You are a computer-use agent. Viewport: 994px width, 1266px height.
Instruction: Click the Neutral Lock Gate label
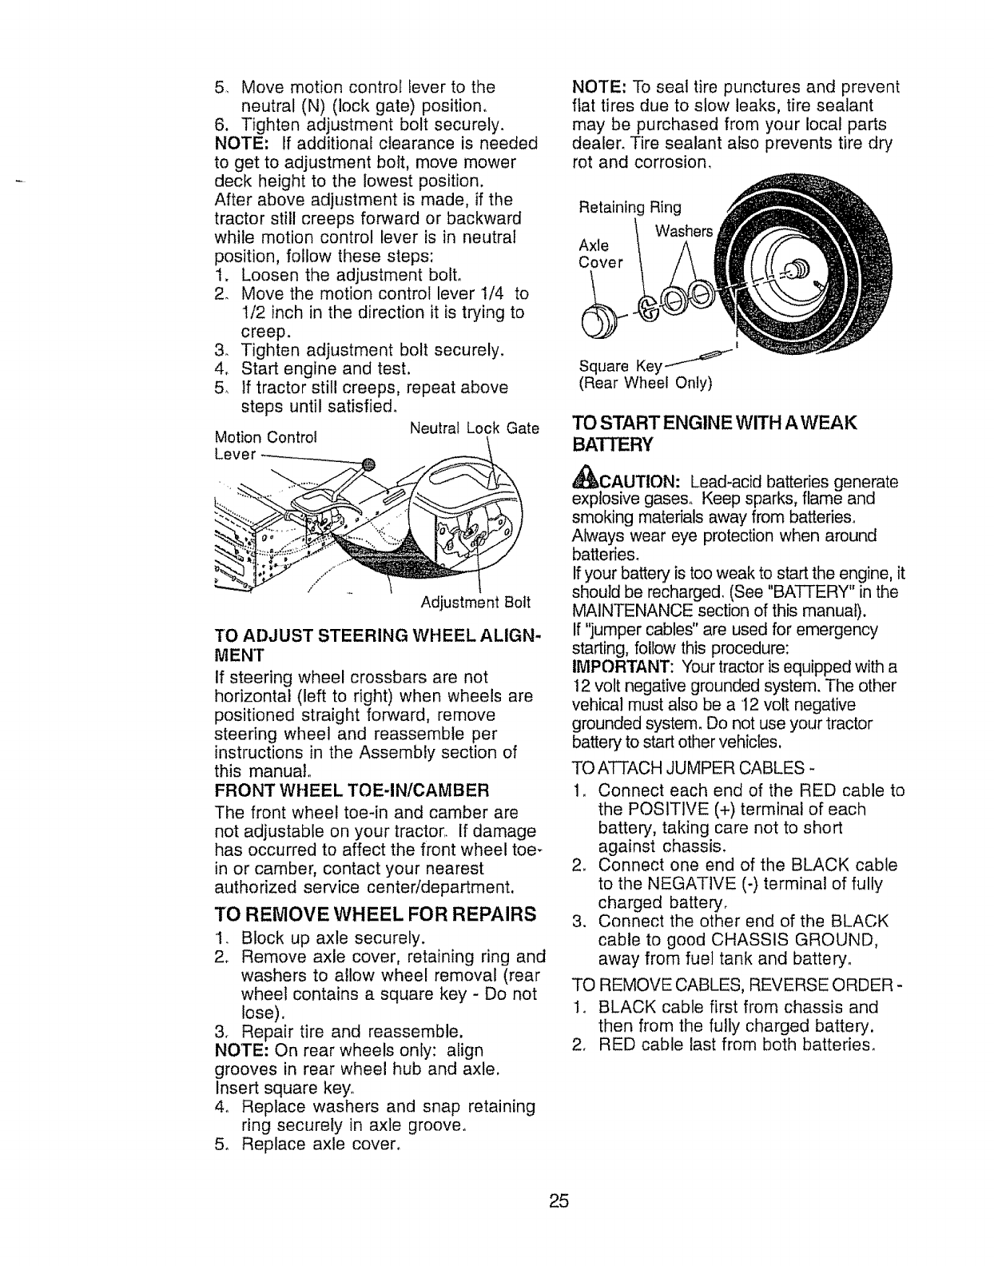(474, 428)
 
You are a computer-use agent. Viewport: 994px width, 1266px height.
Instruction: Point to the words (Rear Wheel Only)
(644, 383)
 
